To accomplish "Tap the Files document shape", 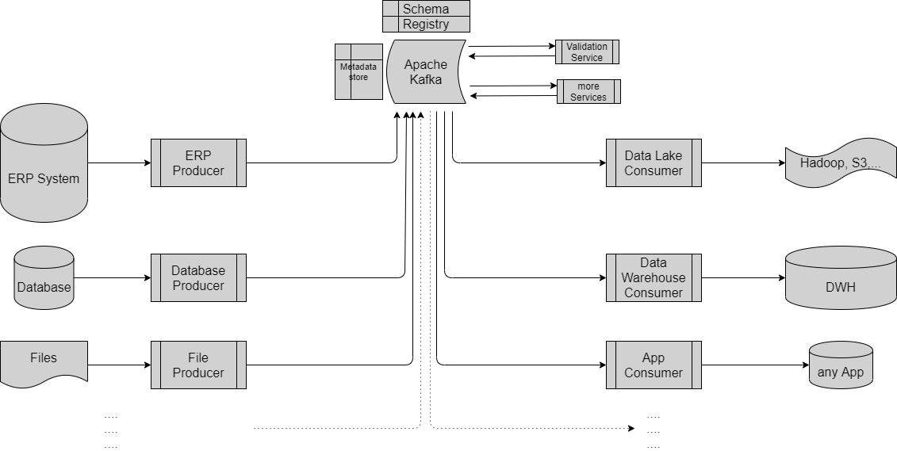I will (x=44, y=364).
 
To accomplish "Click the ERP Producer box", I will (x=198, y=163).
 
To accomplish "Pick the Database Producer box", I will (x=198, y=278).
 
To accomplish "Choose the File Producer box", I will (x=198, y=365).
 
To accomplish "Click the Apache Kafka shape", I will (x=426, y=72).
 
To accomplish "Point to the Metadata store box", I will (x=358, y=72).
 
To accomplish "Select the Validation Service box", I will (x=587, y=52).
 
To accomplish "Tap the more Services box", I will (x=588, y=92).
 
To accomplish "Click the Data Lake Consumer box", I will (x=654, y=163).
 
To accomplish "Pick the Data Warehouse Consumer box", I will (x=654, y=278).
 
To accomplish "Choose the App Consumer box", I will (x=654, y=365).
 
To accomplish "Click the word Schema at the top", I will (x=426, y=10).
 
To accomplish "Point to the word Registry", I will (x=426, y=25).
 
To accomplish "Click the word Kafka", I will (x=426, y=79).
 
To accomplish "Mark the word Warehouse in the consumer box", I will (x=654, y=278).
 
